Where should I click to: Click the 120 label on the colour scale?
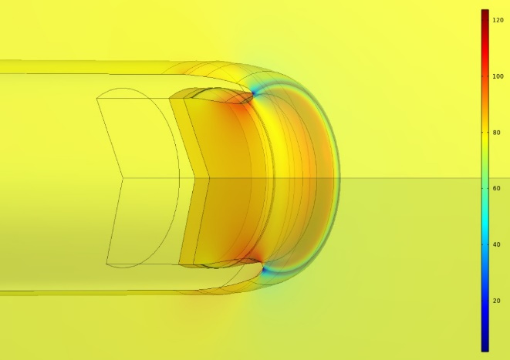pos(498,20)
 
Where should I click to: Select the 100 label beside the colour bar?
pos(498,76)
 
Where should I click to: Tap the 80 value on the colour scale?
pos(496,133)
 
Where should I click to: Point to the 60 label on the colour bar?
pos(496,188)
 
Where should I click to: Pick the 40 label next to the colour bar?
pos(496,244)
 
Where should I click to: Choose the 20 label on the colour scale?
pos(496,301)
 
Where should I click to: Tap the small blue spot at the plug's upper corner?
pos(253,93)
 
